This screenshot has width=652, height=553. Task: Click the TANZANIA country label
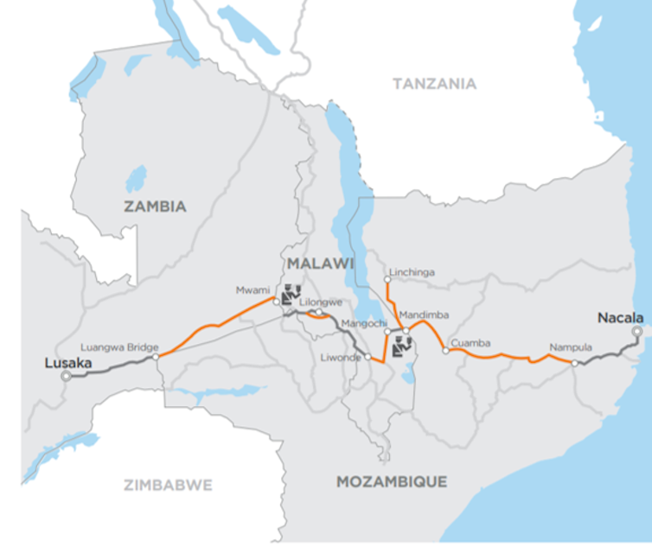(x=434, y=84)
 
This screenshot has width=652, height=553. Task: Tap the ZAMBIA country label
(x=155, y=207)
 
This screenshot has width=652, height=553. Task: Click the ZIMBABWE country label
(x=168, y=485)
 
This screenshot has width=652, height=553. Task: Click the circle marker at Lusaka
(x=66, y=376)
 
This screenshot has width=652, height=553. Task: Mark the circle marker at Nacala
(x=636, y=331)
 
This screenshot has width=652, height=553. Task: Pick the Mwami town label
(x=252, y=291)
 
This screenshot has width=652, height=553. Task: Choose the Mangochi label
(x=361, y=324)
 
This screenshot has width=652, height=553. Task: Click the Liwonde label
(x=343, y=356)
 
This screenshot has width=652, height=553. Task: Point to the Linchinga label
(x=412, y=272)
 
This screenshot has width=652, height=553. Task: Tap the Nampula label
(x=571, y=348)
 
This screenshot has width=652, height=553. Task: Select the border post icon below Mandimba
(x=401, y=347)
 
